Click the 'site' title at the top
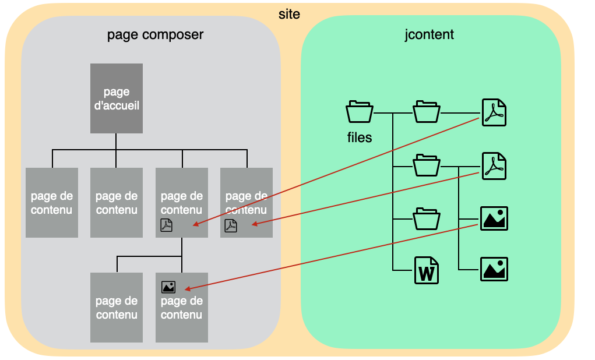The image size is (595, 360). [289, 13]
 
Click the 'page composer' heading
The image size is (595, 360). [155, 34]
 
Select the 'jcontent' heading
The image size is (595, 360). [429, 34]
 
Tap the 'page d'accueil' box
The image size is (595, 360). [117, 98]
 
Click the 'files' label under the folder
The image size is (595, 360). [360, 138]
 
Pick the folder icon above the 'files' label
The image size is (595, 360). [360, 112]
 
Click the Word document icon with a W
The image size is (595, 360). [427, 270]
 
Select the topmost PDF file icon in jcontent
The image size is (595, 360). [494, 112]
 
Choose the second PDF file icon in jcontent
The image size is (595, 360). [494, 166]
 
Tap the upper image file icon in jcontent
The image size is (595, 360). [494, 218]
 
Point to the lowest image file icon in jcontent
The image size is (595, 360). [494, 269]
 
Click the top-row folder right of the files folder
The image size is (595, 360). [427, 112]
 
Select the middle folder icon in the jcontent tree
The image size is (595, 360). [427, 165]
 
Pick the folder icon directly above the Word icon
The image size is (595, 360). [427, 218]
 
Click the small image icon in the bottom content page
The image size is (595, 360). [168, 287]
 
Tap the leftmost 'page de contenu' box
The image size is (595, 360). [52, 203]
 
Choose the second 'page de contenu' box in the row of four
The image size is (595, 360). [117, 203]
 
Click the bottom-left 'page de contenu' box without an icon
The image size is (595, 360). [117, 307]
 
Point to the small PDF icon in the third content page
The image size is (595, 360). [167, 225]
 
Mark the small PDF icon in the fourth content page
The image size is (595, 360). [231, 225]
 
